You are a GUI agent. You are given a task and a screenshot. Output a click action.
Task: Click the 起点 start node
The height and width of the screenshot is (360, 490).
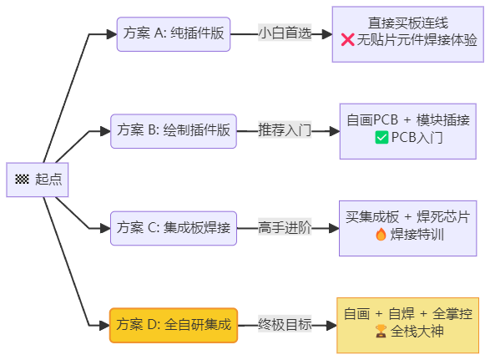point(38,179)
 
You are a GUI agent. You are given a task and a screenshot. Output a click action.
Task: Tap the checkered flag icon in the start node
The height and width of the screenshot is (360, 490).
point(22,180)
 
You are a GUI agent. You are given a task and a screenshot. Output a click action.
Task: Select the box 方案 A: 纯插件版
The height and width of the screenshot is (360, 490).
point(172,34)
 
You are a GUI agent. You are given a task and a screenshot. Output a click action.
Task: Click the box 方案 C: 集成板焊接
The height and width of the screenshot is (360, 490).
point(174,227)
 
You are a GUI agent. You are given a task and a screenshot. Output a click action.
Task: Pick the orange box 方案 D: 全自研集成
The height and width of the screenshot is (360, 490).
point(174,324)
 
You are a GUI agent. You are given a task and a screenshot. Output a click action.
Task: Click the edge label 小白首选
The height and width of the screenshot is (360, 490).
point(284,34)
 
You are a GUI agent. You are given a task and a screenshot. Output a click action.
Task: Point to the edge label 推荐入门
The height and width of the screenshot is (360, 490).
point(284,130)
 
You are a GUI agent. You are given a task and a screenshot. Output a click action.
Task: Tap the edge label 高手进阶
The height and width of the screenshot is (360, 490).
point(284,227)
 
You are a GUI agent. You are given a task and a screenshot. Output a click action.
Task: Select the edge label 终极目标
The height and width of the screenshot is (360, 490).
point(284,324)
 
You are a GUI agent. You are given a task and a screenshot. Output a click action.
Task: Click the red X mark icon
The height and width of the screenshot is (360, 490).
point(348,41)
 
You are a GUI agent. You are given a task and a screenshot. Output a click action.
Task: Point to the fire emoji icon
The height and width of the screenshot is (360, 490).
point(381,235)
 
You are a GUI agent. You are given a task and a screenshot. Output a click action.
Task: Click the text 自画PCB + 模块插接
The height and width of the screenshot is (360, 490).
point(409,120)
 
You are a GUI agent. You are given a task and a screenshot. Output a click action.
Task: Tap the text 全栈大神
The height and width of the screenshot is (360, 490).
point(417,332)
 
